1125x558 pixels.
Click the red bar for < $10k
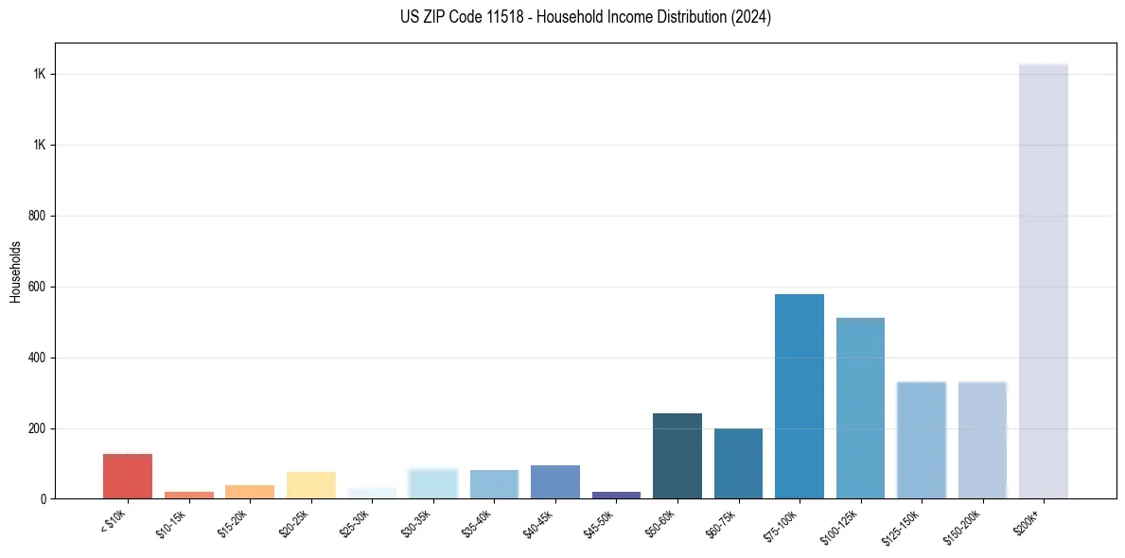[x=128, y=476]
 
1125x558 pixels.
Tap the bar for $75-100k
[x=799, y=396]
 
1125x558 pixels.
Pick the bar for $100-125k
[x=860, y=408]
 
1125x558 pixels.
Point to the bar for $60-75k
[x=738, y=463]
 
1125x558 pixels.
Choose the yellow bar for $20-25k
[x=310, y=484]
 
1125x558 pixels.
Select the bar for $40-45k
[x=554, y=481]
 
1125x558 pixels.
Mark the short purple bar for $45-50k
[x=616, y=495]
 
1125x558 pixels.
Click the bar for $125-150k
[x=921, y=440]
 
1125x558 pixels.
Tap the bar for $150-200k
[x=982, y=440]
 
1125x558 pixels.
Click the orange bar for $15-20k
[x=250, y=492]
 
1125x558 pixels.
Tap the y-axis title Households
[x=16, y=271]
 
